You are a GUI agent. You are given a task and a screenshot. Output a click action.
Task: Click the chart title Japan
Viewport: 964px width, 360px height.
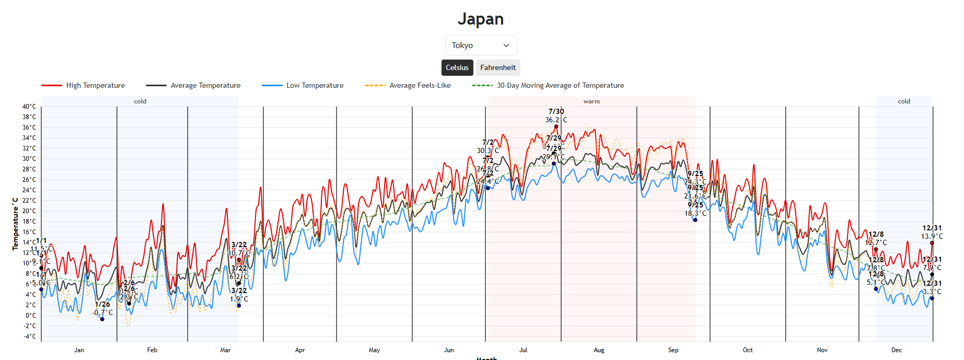(x=481, y=19)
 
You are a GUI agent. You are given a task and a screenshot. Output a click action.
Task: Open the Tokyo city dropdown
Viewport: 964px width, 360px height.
(x=481, y=45)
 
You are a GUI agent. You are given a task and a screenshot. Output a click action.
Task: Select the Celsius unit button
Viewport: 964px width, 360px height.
(x=457, y=67)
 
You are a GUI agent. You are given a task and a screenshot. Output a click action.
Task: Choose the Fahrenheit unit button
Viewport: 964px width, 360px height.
(x=498, y=67)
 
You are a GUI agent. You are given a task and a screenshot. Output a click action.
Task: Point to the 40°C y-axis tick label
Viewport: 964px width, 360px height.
(x=29, y=107)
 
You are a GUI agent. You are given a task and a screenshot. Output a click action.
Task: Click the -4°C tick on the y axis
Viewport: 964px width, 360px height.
(x=29, y=336)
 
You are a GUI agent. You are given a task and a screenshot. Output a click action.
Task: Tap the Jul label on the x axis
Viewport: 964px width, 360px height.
(x=523, y=350)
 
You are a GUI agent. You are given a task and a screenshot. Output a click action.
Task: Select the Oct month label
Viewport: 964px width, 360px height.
(x=748, y=350)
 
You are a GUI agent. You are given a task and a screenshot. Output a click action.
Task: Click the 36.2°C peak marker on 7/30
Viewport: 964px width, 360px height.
(x=556, y=126)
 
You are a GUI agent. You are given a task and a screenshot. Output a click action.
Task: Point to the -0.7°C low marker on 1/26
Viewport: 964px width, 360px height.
(x=102, y=319)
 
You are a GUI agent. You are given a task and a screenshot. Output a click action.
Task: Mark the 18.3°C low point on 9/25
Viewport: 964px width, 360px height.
(x=695, y=220)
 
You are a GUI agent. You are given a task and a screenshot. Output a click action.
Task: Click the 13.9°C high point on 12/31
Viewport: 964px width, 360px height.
(x=932, y=243)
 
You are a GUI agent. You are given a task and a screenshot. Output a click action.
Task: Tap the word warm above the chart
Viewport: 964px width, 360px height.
(x=591, y=101)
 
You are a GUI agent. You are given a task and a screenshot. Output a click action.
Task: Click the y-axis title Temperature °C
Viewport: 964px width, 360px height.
(x=16, y=224)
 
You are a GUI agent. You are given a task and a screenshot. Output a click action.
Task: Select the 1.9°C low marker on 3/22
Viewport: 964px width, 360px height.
(x=239, y=306)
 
